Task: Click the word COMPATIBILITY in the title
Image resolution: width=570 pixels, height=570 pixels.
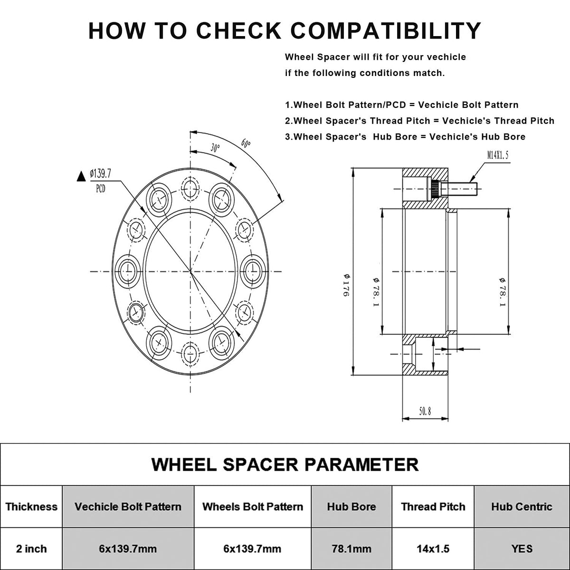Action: coord(386,30)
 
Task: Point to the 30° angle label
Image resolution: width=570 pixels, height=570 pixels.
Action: coord(216,148)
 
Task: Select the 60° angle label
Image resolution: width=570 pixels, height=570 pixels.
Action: coord(246,143)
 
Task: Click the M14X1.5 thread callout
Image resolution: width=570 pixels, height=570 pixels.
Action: coord(497,155)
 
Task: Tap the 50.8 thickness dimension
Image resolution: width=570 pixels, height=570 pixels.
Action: coord(425,412)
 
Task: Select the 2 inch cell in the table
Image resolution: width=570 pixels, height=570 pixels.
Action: coord(31,549)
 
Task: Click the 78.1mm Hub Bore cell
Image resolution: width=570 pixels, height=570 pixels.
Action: coord(351,549)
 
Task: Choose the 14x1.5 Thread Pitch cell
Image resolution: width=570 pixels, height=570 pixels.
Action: coord(432,549)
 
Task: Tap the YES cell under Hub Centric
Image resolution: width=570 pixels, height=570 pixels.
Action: coord(522,549)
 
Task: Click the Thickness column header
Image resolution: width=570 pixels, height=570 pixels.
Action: coord(31,506)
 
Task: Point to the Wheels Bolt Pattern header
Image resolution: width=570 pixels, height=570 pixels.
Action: coord(253,506)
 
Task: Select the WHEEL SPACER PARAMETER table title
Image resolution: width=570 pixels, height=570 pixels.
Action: coord(285,464)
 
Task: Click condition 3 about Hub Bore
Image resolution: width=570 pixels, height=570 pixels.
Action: coord(405,137)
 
